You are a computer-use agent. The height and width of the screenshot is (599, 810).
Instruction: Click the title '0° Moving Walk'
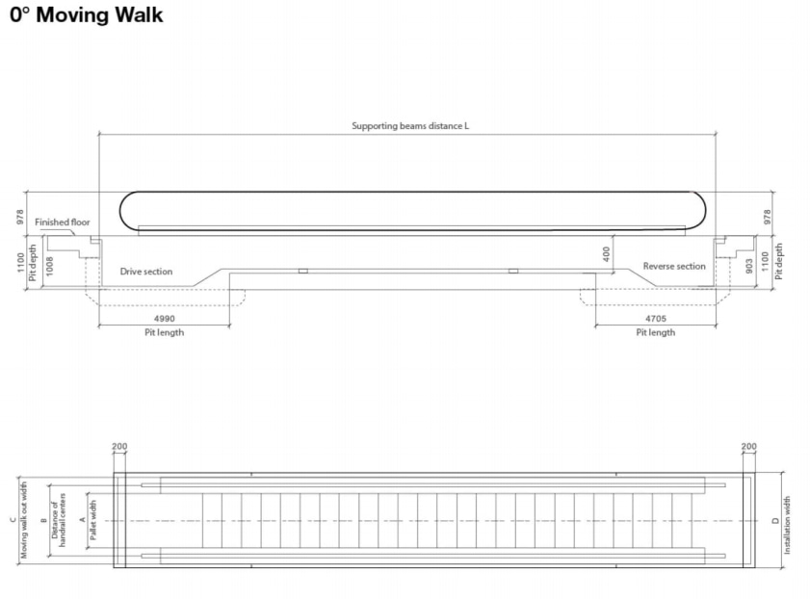click(86, 15)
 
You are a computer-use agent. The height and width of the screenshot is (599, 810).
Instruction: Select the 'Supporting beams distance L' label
click(410, 126)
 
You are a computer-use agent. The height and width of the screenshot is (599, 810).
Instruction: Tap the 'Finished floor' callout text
click(63, 222)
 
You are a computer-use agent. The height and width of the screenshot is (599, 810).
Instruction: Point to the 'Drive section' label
click(146, 272)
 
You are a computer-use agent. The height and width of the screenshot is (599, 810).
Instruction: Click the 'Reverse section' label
click(674, 267)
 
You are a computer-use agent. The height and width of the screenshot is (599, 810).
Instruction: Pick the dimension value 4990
click(164, 318)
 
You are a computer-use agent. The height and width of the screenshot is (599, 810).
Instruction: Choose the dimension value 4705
click(655, 318)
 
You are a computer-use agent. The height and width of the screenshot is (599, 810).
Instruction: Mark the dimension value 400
click(607, 253)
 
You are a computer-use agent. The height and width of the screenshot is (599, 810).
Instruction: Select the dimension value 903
click(750, 266)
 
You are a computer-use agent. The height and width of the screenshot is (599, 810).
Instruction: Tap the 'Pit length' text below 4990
click(164, 332)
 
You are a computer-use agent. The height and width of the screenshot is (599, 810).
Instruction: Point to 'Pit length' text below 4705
click(655, 332)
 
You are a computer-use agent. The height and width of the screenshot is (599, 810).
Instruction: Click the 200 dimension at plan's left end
click(119, 447)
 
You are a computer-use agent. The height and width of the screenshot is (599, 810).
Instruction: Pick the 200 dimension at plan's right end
click(749, 447)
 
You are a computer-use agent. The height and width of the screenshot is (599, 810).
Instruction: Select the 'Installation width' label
click(788, 525)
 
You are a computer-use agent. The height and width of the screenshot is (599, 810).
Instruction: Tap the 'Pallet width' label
click(93, 521)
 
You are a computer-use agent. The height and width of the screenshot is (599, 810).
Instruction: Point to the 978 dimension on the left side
click(20, 218)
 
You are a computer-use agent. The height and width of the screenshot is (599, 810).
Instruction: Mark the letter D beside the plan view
click(775, 521)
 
